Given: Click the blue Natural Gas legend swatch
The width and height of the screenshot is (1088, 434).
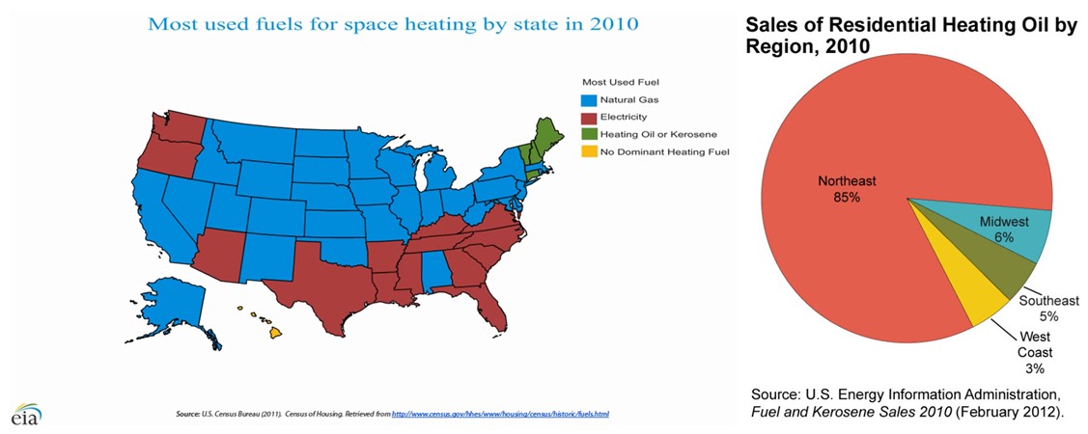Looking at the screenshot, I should pos(587,99).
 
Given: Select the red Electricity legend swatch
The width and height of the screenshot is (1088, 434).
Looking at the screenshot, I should pos(587,117).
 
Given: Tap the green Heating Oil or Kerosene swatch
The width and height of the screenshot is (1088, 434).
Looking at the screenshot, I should pos(587,134).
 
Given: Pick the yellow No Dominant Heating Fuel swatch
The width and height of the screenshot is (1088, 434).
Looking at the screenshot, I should pos(587,151).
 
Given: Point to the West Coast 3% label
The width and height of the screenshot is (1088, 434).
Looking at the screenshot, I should pos(1035,352).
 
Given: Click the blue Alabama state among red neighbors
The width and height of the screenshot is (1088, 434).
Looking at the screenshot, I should pos(435,266).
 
